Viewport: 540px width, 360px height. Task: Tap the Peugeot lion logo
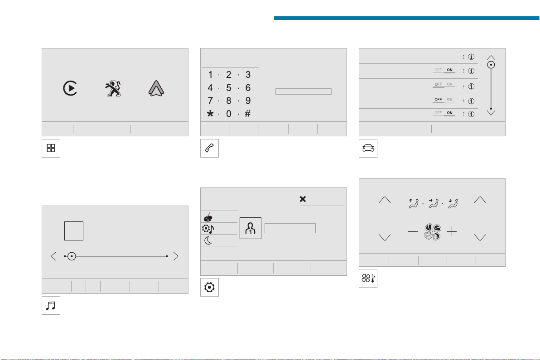pos(113,88)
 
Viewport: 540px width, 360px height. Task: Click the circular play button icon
pos(70,88)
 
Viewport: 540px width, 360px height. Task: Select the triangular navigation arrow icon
pos(156,88)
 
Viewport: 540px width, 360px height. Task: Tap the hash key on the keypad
pos(248,114)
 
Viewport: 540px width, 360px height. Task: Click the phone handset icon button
pos(209,148)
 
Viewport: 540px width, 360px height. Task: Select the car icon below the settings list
pos(368,148)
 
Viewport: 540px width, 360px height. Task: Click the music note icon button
pos(51,305)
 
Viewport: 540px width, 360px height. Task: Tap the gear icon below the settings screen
pos(209,287)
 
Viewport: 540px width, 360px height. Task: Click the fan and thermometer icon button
pos(368,278)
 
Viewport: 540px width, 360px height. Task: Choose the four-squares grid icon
pos(51,148)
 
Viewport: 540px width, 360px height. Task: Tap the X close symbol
pos(303,199)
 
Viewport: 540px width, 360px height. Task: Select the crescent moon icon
pos(208,240)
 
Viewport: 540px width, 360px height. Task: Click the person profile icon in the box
pos(251,228)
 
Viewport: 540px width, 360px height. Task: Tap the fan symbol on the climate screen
pos(433,232)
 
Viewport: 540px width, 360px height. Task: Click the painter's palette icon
pos(208,217)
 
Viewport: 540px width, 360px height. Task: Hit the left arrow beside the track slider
pos(53,256)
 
